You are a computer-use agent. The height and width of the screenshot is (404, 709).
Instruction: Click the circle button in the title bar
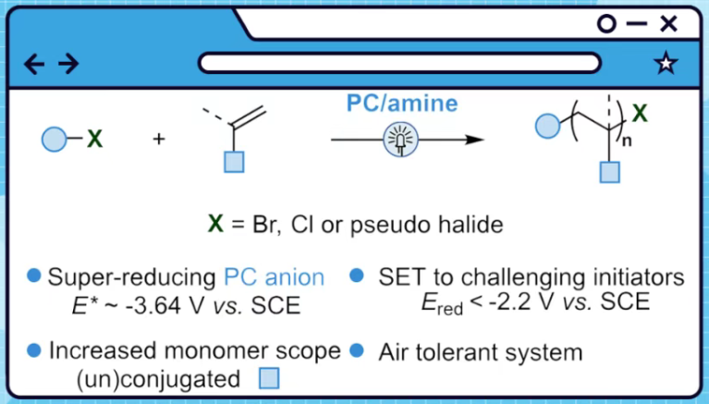tap(606, 24)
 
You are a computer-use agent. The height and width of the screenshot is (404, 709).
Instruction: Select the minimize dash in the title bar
tap(637, 25)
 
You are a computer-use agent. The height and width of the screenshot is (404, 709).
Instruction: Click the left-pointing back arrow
tap(34, 63)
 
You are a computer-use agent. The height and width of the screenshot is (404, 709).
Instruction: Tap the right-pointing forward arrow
tap(67, 63)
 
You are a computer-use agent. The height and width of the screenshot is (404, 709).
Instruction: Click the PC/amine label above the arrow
tap(401, 104)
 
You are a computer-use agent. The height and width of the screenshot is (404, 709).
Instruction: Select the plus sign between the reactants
tap(159, 140)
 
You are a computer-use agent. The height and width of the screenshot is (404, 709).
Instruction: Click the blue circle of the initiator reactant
tap(54, 140)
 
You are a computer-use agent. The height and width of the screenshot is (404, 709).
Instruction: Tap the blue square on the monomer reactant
tap(235, 163)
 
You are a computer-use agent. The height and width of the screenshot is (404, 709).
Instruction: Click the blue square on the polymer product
tap(607, 171)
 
